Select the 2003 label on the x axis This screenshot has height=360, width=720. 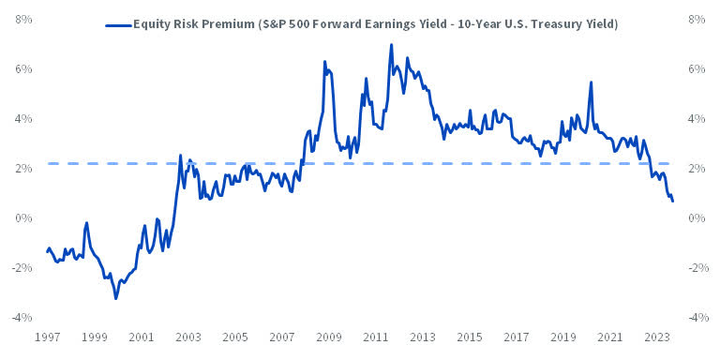pyautogui.click(x=187, y=337)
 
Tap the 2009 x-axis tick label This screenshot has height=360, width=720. pyautogui.click(x=328, y=337)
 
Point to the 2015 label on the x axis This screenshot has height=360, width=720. pyautogui.click(x=470, y=337)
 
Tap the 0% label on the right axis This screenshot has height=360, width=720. pyautogui.click(x=697, y=218)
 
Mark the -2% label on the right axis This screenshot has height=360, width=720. pyautogui.click(x=698, y=268)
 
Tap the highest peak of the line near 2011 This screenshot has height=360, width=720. pyautogui.click(x=391, y=45)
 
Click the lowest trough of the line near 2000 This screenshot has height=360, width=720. pyautogui.click(x=115, y=298)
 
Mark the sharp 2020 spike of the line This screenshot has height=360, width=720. pyautogui.click(x=591, y=82)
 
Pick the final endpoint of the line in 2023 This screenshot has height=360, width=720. pyautogui.click(x=672, y=202)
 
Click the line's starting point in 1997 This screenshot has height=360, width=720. pyautogui.click(x=47, y=251)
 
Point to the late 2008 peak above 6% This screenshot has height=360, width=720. pyautogui.click(x=324, y=62)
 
